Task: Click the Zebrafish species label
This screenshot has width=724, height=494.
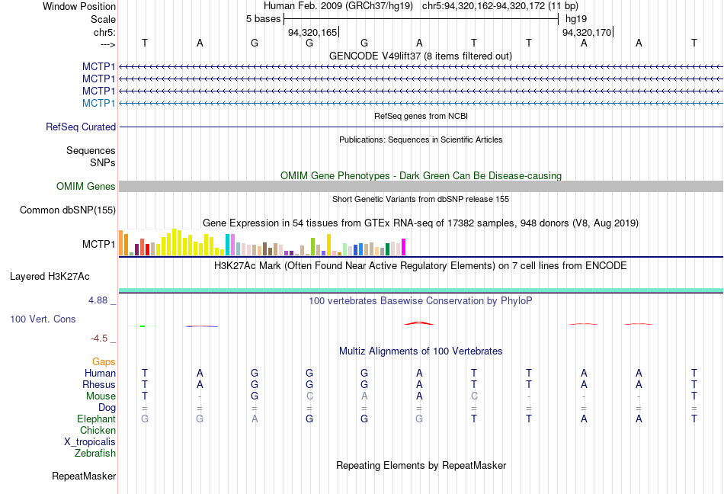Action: tap(95, 454)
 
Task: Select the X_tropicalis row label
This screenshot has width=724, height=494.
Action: tap(90, 441)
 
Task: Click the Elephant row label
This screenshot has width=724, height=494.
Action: tap(96, 419)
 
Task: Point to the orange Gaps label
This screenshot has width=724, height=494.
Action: tap(104, 361)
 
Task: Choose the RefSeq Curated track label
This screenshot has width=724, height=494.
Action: tap(81, 127)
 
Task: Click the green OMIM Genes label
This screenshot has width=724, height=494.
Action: tap(86, 186)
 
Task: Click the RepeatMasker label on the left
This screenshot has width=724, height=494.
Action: tap(84, 476)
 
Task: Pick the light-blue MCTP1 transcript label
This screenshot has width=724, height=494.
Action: tap(99, 103)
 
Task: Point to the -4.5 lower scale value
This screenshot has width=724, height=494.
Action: tap(100, 338)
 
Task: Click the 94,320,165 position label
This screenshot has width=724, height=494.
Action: tap(312, 33)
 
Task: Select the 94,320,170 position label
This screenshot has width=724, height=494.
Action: tap(586, 33)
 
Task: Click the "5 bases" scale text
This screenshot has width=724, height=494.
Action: tap(263, 18)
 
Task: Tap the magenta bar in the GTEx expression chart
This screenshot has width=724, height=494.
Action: tap(403, 247)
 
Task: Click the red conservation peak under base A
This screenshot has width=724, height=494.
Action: tap(419, 322)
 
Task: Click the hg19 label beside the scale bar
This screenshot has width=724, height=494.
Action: tap(575, 18)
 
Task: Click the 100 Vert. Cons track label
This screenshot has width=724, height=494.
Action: tap(43, 319)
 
